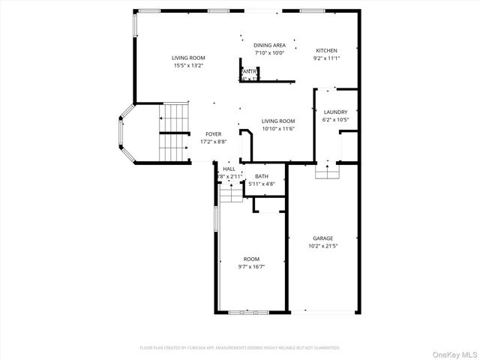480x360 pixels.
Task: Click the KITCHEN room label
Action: [326, 51]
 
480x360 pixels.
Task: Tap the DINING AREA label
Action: [269, 46]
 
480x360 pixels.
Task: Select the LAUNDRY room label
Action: [335, 112]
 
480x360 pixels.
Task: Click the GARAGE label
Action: [323, 238]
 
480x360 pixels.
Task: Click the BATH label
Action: [262, 175]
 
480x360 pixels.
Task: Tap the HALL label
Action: [229, 169]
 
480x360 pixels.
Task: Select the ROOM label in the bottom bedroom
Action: [251, 259]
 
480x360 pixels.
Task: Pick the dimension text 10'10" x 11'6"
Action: [277, 128]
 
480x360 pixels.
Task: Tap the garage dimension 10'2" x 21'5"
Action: [323, 245]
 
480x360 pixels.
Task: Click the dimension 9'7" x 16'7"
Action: [251, 266]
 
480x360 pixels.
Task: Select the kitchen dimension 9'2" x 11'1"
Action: [326, 58]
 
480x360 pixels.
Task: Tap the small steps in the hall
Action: [231, 195]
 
